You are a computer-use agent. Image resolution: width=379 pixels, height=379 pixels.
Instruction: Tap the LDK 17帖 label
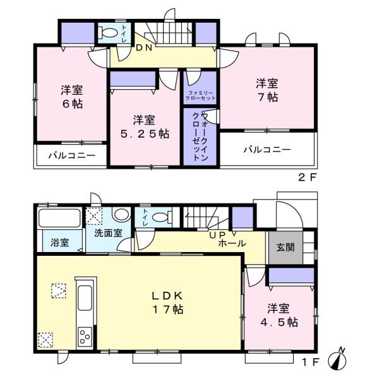(167, 303)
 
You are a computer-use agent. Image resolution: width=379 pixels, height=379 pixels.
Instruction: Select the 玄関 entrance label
(286, 247)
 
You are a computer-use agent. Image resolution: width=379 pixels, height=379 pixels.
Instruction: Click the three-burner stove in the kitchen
(85, 337)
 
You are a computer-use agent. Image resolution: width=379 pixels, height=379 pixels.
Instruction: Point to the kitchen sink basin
(85, 298)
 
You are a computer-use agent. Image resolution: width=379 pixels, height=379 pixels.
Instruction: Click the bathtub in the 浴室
(59, 218)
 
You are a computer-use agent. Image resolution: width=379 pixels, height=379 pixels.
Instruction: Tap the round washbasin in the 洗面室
(122, 214)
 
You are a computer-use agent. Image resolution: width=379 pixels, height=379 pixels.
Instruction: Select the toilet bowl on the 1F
(162, 217)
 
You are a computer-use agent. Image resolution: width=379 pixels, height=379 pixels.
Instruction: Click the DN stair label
(144, 48)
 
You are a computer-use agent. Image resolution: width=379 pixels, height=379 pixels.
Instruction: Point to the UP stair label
(217, 235)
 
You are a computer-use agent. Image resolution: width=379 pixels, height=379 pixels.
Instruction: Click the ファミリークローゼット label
(200, 96)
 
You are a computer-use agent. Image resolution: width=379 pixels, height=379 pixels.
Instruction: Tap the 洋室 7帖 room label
(267, 90)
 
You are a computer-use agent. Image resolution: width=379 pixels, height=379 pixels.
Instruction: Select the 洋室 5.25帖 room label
(145, 127)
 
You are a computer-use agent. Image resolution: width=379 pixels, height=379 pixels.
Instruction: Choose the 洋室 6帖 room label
(72, 97)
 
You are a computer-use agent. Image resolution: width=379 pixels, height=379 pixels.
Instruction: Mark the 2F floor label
(307, 178)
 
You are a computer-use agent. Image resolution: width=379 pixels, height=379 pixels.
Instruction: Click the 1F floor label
(310, 362)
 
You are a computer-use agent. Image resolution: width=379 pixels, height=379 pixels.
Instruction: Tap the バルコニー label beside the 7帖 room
(267, 150)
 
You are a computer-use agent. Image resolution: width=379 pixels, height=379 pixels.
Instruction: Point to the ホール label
(232, 243)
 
